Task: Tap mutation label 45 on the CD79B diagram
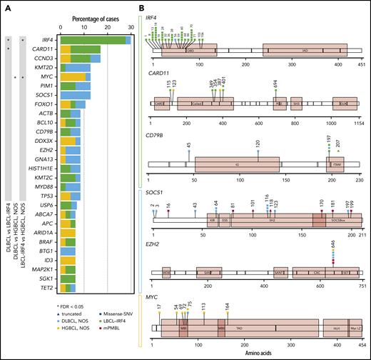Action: coord(188,146)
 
